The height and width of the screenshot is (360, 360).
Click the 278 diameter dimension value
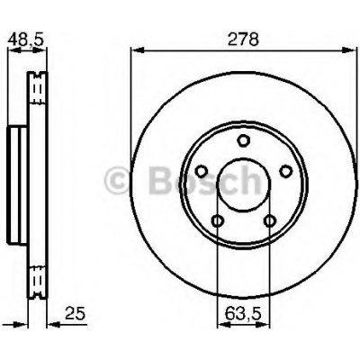(x=243, y=40)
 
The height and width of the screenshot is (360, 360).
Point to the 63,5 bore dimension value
(x=243, y=314)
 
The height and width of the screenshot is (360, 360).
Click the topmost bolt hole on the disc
(x=243, y=140)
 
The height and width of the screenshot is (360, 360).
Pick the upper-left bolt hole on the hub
(x=202, y=171)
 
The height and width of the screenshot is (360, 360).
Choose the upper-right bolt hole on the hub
(x=285, y=171)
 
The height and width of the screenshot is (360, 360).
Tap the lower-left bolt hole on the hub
(x=217, y=221)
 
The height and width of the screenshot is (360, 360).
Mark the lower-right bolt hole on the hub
(x=269, y=221)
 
